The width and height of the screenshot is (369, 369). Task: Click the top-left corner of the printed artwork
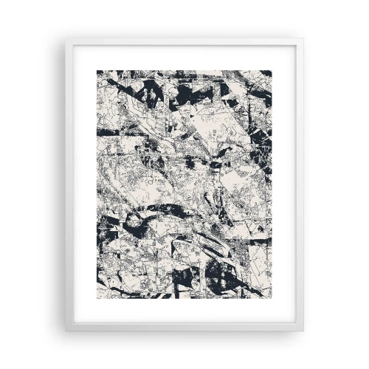tap(97, 71)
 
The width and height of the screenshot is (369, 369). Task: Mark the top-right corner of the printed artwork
tap(272, 71)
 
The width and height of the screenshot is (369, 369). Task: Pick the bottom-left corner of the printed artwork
tap(97, 298)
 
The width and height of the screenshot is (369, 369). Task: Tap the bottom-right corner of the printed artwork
tap(272, 298)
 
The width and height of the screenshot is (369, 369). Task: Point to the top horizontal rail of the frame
tap(184, 42)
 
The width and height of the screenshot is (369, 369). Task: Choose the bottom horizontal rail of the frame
tap(184, 327)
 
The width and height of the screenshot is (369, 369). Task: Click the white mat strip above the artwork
tap(184, 58)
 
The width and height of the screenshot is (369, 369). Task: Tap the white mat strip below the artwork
tap(184, 311)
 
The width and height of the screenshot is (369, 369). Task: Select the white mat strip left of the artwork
tap(84, 184)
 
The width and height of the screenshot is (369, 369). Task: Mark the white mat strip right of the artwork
tap(285, 184)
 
